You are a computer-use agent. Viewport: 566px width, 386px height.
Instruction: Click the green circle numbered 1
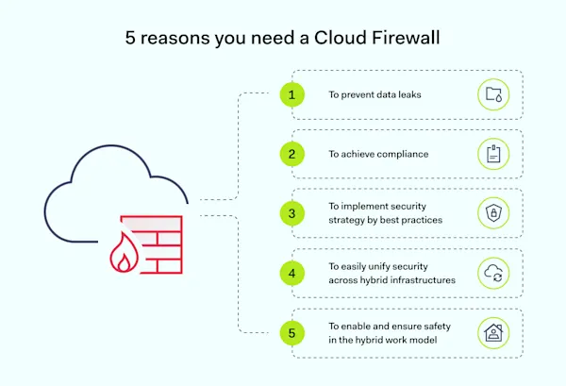pos(292,94)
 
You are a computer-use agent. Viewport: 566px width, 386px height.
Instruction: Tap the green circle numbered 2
pos(292,154)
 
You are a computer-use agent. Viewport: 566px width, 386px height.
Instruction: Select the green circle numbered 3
pos(292,213)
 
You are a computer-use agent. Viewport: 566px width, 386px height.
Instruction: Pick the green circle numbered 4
pos(292,273)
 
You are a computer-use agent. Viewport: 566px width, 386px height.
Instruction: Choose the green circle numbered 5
pos(292,332)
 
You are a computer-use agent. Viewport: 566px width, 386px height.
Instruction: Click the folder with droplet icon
pos(493,94)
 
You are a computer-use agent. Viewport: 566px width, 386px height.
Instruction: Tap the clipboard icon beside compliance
pos(493,154)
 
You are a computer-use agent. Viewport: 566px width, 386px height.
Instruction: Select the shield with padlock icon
pos(493,213)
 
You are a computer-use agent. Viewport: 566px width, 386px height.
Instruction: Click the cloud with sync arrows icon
pos(493,273)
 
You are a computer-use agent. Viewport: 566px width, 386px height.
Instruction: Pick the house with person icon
pos(493,332)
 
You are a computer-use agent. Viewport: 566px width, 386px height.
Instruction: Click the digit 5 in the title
pos(130,39)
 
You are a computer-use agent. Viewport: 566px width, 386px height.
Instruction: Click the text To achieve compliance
pos(378,154)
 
